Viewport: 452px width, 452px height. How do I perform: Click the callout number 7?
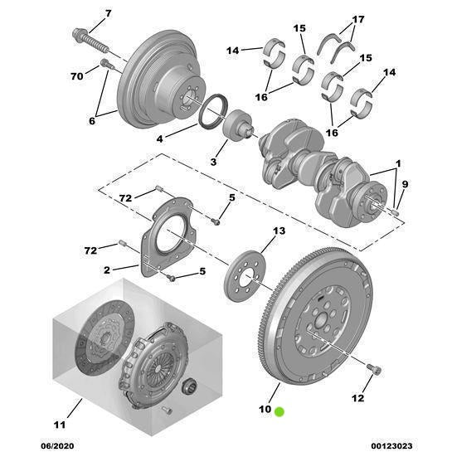[x=107, y=14]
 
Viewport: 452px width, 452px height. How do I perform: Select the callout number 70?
[x=77, y=76]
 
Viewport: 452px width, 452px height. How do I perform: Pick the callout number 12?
[x=357, y=399]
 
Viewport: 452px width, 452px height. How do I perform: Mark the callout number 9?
[x=405, y=184]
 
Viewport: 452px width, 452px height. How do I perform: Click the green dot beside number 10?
[x=280, y=411]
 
